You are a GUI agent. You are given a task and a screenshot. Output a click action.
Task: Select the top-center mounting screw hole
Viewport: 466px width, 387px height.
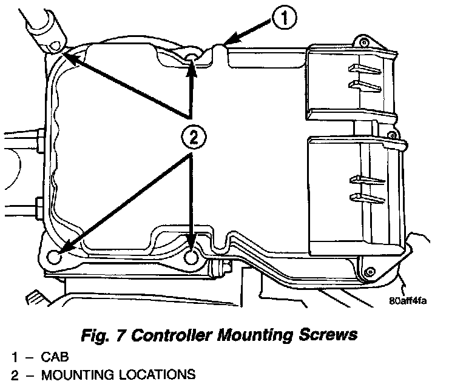click(192, 56)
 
